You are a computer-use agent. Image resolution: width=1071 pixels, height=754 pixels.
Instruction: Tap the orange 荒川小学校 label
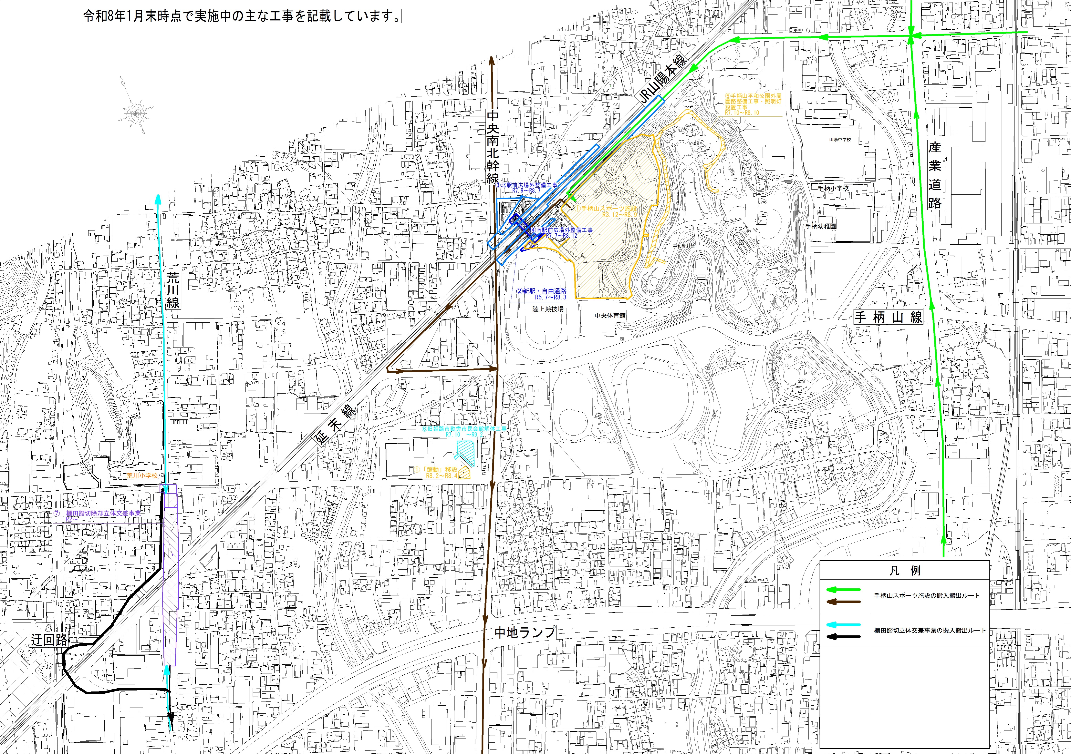(x=142, y=476)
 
